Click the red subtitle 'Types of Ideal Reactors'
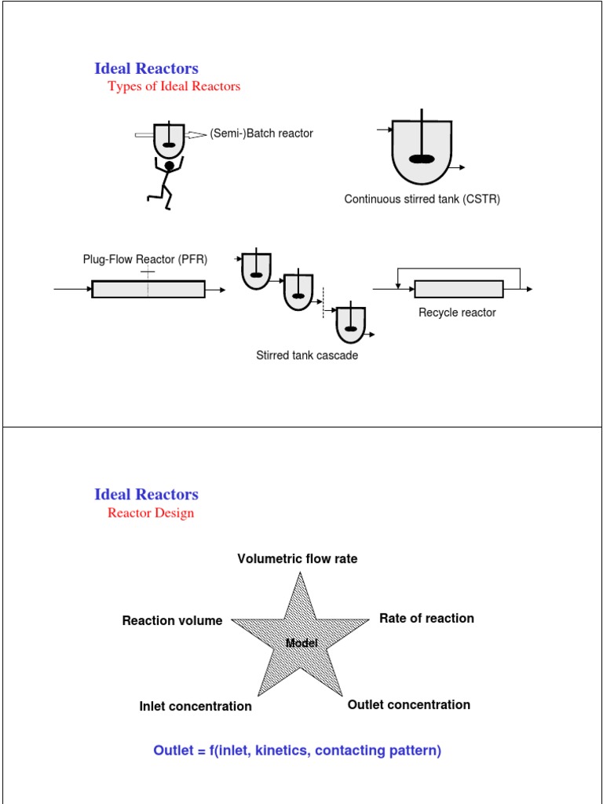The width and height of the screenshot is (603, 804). (x=174, y=86)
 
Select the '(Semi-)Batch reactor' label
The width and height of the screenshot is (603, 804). (x=261, y=133)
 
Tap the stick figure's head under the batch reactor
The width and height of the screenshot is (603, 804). (x=169, y=166)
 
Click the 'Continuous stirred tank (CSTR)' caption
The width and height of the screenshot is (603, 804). (x=422, y=199)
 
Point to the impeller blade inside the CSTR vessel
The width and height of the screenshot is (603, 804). (x=422, y=159)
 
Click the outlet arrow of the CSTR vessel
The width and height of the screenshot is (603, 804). (x=459, y=167)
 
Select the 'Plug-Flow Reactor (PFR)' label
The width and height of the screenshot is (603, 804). (x=145, y=259)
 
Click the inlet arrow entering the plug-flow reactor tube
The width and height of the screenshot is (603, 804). (x=72, y=290)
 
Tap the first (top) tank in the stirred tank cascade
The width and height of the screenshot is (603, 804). (x=256, y=271)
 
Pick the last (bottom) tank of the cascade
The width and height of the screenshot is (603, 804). (x=351, y=323)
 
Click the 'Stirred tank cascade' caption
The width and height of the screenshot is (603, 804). (x=307, y=356)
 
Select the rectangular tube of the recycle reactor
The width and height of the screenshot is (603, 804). (x=459, y=289)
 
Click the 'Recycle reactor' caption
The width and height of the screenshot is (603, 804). (x=457, y=312)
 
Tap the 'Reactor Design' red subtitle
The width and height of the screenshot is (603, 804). (x=151, y=513)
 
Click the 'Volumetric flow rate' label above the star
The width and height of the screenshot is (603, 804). (x=298, y=559)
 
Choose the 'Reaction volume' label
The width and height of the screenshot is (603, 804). (x=172, y=621)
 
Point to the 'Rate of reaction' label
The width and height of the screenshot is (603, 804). (x=426, y=619)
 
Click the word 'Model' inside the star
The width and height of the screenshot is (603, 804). (x=301, y=643)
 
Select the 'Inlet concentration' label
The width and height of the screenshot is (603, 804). (x=196, y=707)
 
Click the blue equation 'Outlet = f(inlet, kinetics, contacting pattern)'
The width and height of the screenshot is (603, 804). (x=298, y=751)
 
